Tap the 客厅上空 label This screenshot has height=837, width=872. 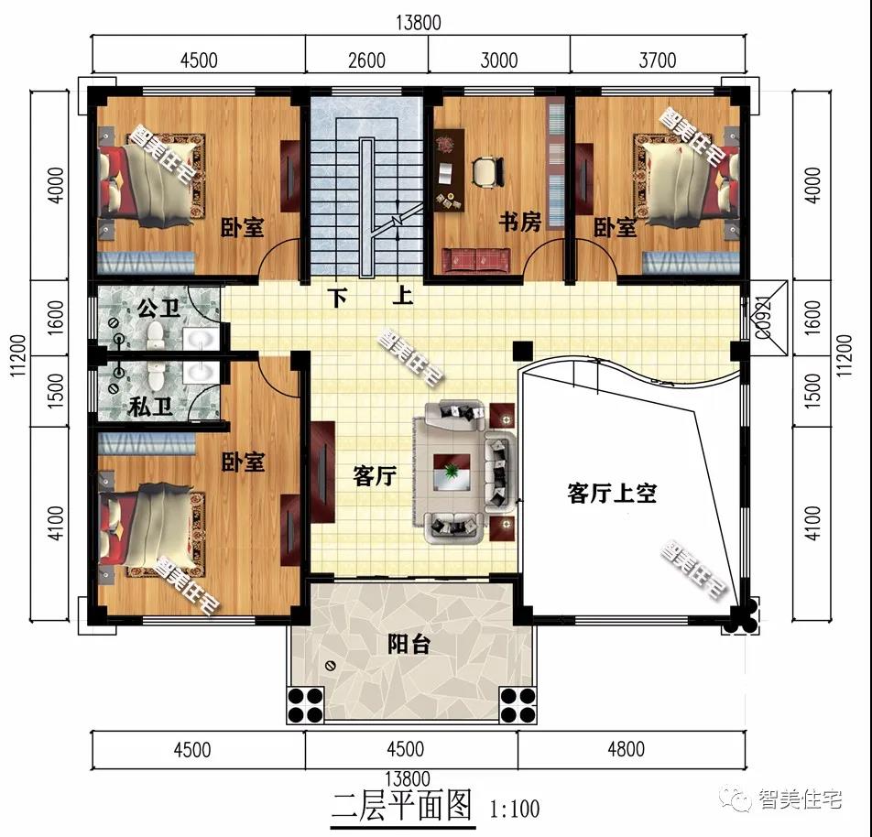612,495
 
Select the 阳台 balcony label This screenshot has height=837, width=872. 409,644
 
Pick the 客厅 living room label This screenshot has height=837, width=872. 374,476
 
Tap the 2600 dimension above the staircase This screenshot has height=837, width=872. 366,60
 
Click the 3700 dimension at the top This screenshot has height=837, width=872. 657,60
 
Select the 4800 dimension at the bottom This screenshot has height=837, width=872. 626,749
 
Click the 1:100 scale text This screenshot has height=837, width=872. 515,809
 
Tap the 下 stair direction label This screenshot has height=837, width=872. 339,299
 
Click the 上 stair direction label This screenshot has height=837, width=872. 403,299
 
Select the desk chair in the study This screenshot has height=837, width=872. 487,171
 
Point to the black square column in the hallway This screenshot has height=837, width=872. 522,350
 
